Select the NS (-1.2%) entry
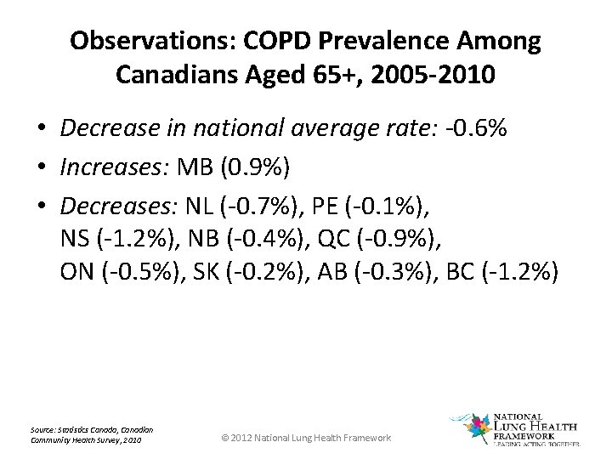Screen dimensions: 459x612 [116, 239]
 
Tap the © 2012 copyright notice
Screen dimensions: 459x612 [305, 437]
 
